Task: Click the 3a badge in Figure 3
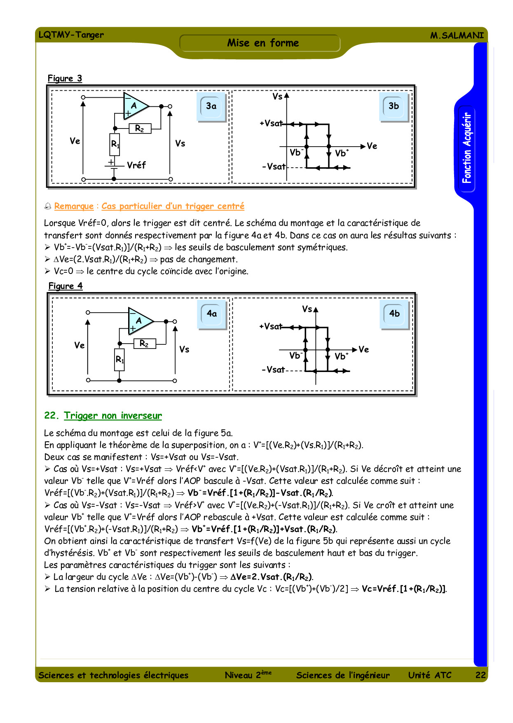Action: [211, 106]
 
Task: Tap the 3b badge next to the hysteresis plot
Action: [394, 106]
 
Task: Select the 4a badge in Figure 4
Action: [212, 314]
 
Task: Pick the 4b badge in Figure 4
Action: [394, 314]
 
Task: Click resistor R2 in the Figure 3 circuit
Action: [140, 129]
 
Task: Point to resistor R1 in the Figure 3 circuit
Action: [115, 144]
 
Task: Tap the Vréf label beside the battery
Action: [136, 165]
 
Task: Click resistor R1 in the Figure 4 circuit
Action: [119, 360]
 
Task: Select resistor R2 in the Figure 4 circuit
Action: [145, 344]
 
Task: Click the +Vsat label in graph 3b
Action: [271, 123]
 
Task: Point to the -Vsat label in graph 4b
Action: [273, 370]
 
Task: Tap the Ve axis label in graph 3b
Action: [372, 146]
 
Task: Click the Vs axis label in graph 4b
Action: [307, 309]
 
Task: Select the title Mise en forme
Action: [263, 43]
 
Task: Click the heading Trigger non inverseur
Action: [112, 416]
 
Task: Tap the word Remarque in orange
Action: [74, 206]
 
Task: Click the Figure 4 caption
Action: [66, 286]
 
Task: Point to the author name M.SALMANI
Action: [457, 35]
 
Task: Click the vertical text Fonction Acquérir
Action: [466, 148]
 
